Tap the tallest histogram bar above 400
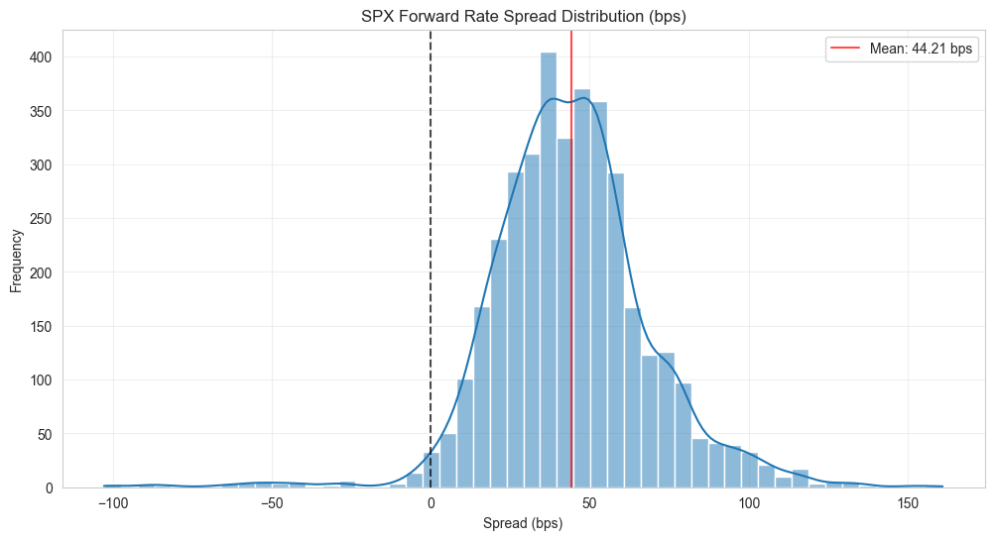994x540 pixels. pos(549,270)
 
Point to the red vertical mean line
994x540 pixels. pos(571,259)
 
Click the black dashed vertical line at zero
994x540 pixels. pos(432,259)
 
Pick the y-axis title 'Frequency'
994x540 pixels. pos(16,261)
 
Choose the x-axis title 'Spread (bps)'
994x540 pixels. pos(523,523)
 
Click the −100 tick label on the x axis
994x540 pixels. pos(113,503)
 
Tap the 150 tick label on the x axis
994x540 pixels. pos(908,503)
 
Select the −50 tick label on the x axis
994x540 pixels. pos(272,503)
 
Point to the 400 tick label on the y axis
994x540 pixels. pos(41,57)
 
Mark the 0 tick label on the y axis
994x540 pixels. pos(49,488)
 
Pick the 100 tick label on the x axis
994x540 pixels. pos(749,503)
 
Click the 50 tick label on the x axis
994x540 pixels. pos(590,503)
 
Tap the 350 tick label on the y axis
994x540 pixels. pos(41,111)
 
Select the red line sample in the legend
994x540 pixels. pos(845,49)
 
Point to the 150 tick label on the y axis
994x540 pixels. pos(41,327)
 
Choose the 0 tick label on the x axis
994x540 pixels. pos(432,503)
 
